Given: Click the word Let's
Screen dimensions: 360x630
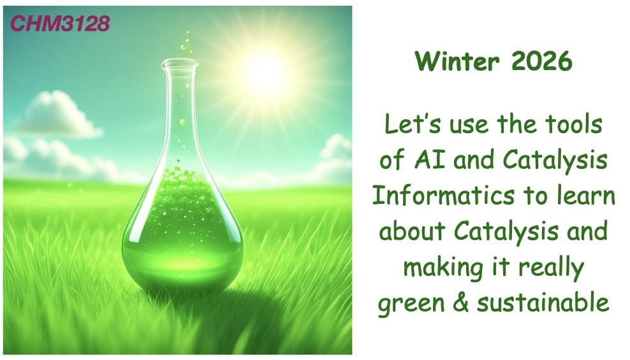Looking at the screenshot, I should point(410,124).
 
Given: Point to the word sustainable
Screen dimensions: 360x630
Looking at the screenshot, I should point(543,303).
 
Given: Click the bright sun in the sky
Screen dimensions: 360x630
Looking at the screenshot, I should point(265,71).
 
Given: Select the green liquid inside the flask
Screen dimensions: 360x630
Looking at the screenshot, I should point(181,229).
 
